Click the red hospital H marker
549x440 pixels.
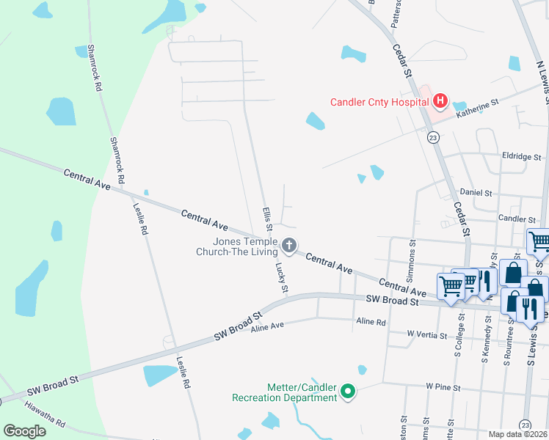coord(440,100)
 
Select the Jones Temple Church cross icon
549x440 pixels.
coord(289,246)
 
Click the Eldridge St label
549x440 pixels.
coord(520,157)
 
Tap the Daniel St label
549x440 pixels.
coord(476,192)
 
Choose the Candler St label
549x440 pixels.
coord(517,219)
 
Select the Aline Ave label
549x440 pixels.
coord(267,327)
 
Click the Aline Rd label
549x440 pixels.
coord(371,321)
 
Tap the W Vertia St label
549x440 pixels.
coord(427,335)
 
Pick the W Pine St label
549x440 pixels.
coord(443,386)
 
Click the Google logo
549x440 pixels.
coord(25,431)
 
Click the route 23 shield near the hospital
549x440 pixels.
coord(433,137)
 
